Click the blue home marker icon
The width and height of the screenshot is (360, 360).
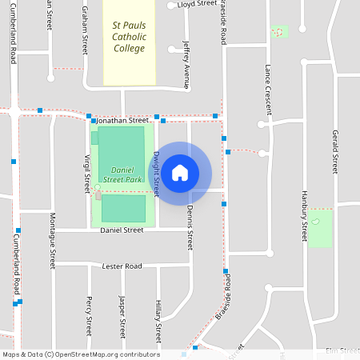coord(180,172)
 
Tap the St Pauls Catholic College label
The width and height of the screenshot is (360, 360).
coord(129,37)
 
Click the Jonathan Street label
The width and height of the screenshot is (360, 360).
coord(128,120)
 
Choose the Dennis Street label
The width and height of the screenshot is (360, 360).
coord(190,224)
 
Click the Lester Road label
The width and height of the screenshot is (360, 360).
coord(122,266)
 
